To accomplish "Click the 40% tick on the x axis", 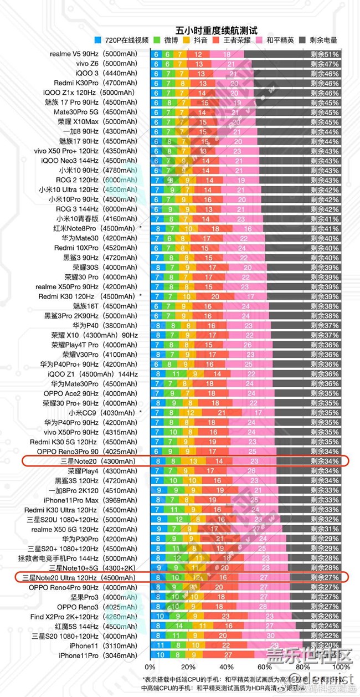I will click(x=226, y=667).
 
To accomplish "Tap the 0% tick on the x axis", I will click(x=150, y=667).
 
